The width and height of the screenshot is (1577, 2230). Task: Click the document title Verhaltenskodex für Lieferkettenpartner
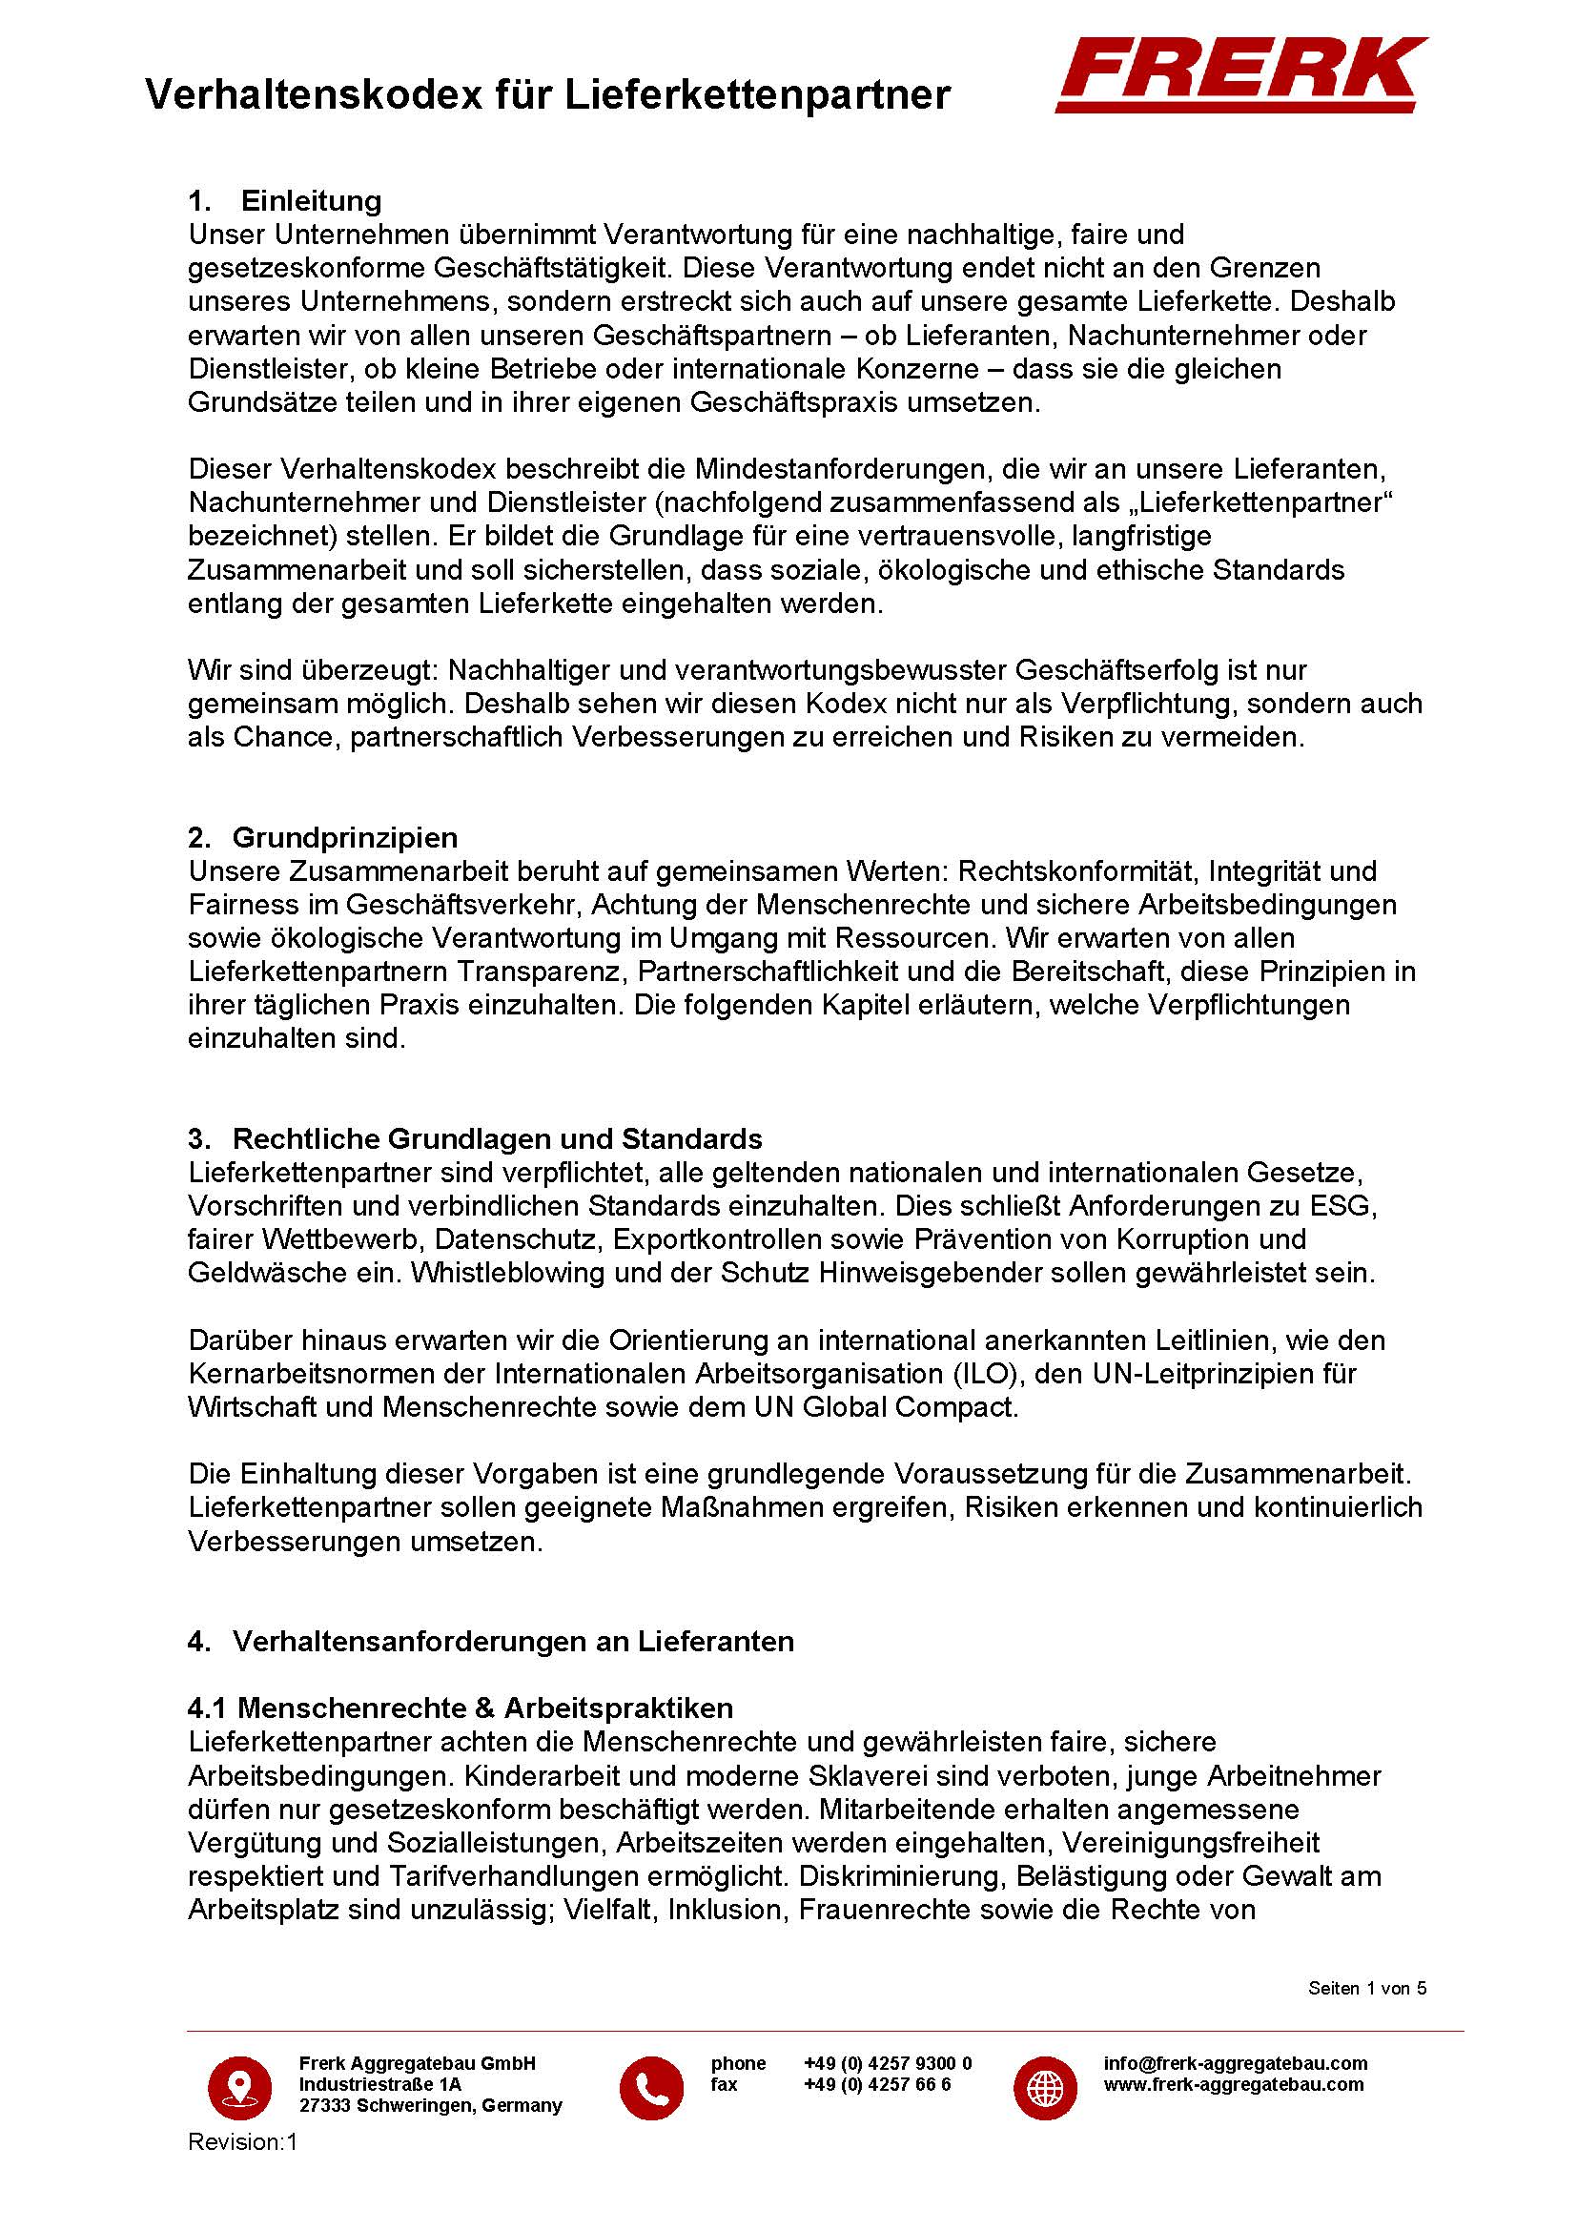pos(546,95)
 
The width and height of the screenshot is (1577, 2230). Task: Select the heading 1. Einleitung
pos(284,201)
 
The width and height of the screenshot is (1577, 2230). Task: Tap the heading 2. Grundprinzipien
pos(322,837)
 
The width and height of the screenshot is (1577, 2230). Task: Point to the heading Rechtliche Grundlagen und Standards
pos(497,1138)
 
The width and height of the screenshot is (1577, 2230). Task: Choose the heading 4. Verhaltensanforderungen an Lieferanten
pos(490,1641)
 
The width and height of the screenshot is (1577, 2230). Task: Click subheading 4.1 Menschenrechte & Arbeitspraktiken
pos(461,1708)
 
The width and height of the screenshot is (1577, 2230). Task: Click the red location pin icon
pos(240,2085)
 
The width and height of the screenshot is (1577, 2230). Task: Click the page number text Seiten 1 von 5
pos(1367,1988)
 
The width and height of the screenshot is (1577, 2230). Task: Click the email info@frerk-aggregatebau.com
pos(1235,2063)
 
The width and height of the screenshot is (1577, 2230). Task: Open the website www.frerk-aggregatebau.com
pos(1233,2084)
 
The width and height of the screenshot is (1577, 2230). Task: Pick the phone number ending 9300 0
pos(888,2063)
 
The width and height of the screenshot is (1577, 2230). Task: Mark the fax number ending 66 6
pos(877,2084)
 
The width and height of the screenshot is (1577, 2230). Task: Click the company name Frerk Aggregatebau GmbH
pos(418,2063)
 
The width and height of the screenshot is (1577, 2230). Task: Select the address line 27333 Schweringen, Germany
pos(430,2106)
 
